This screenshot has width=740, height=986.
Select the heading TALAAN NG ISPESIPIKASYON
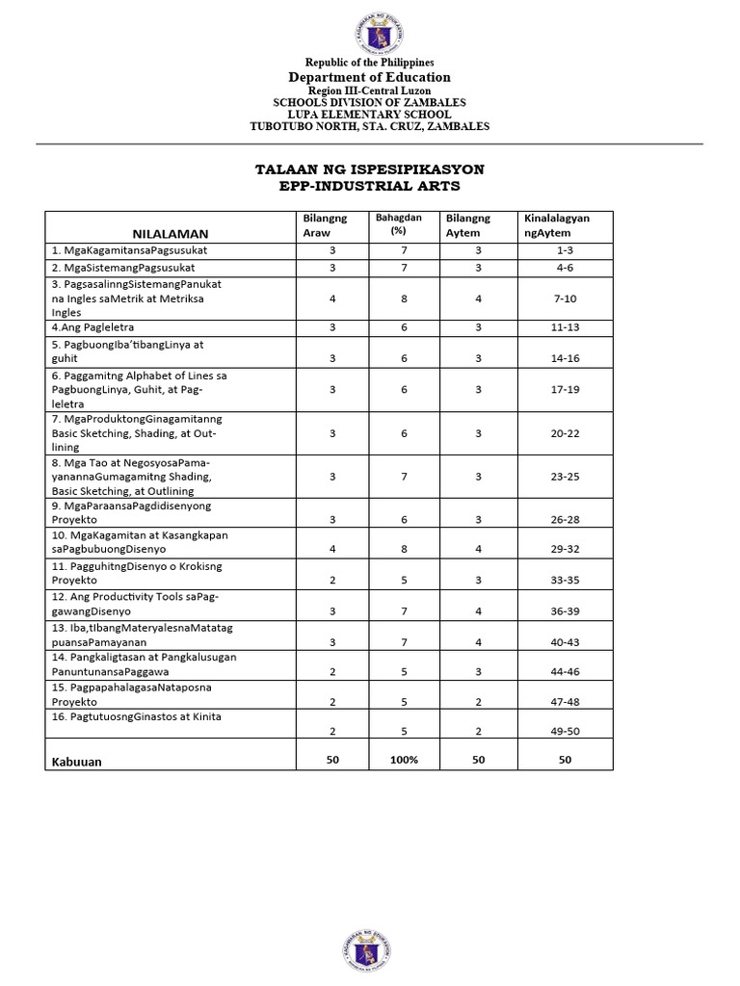(369, 169)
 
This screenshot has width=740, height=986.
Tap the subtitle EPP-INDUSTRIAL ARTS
(369, 185)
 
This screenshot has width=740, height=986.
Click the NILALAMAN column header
(171, 233)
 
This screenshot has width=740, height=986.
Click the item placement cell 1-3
(565, 250)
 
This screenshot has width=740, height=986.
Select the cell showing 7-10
(565, 299)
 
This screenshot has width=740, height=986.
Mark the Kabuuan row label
(76, 761)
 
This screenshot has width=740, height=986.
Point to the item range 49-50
(565, 732)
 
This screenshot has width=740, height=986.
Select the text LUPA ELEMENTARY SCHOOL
(369, 115)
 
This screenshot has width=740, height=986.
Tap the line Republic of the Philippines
(369, 63)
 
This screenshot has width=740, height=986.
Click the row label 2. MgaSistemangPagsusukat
(124, 267)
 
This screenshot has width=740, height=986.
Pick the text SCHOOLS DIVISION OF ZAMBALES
(369, 103)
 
